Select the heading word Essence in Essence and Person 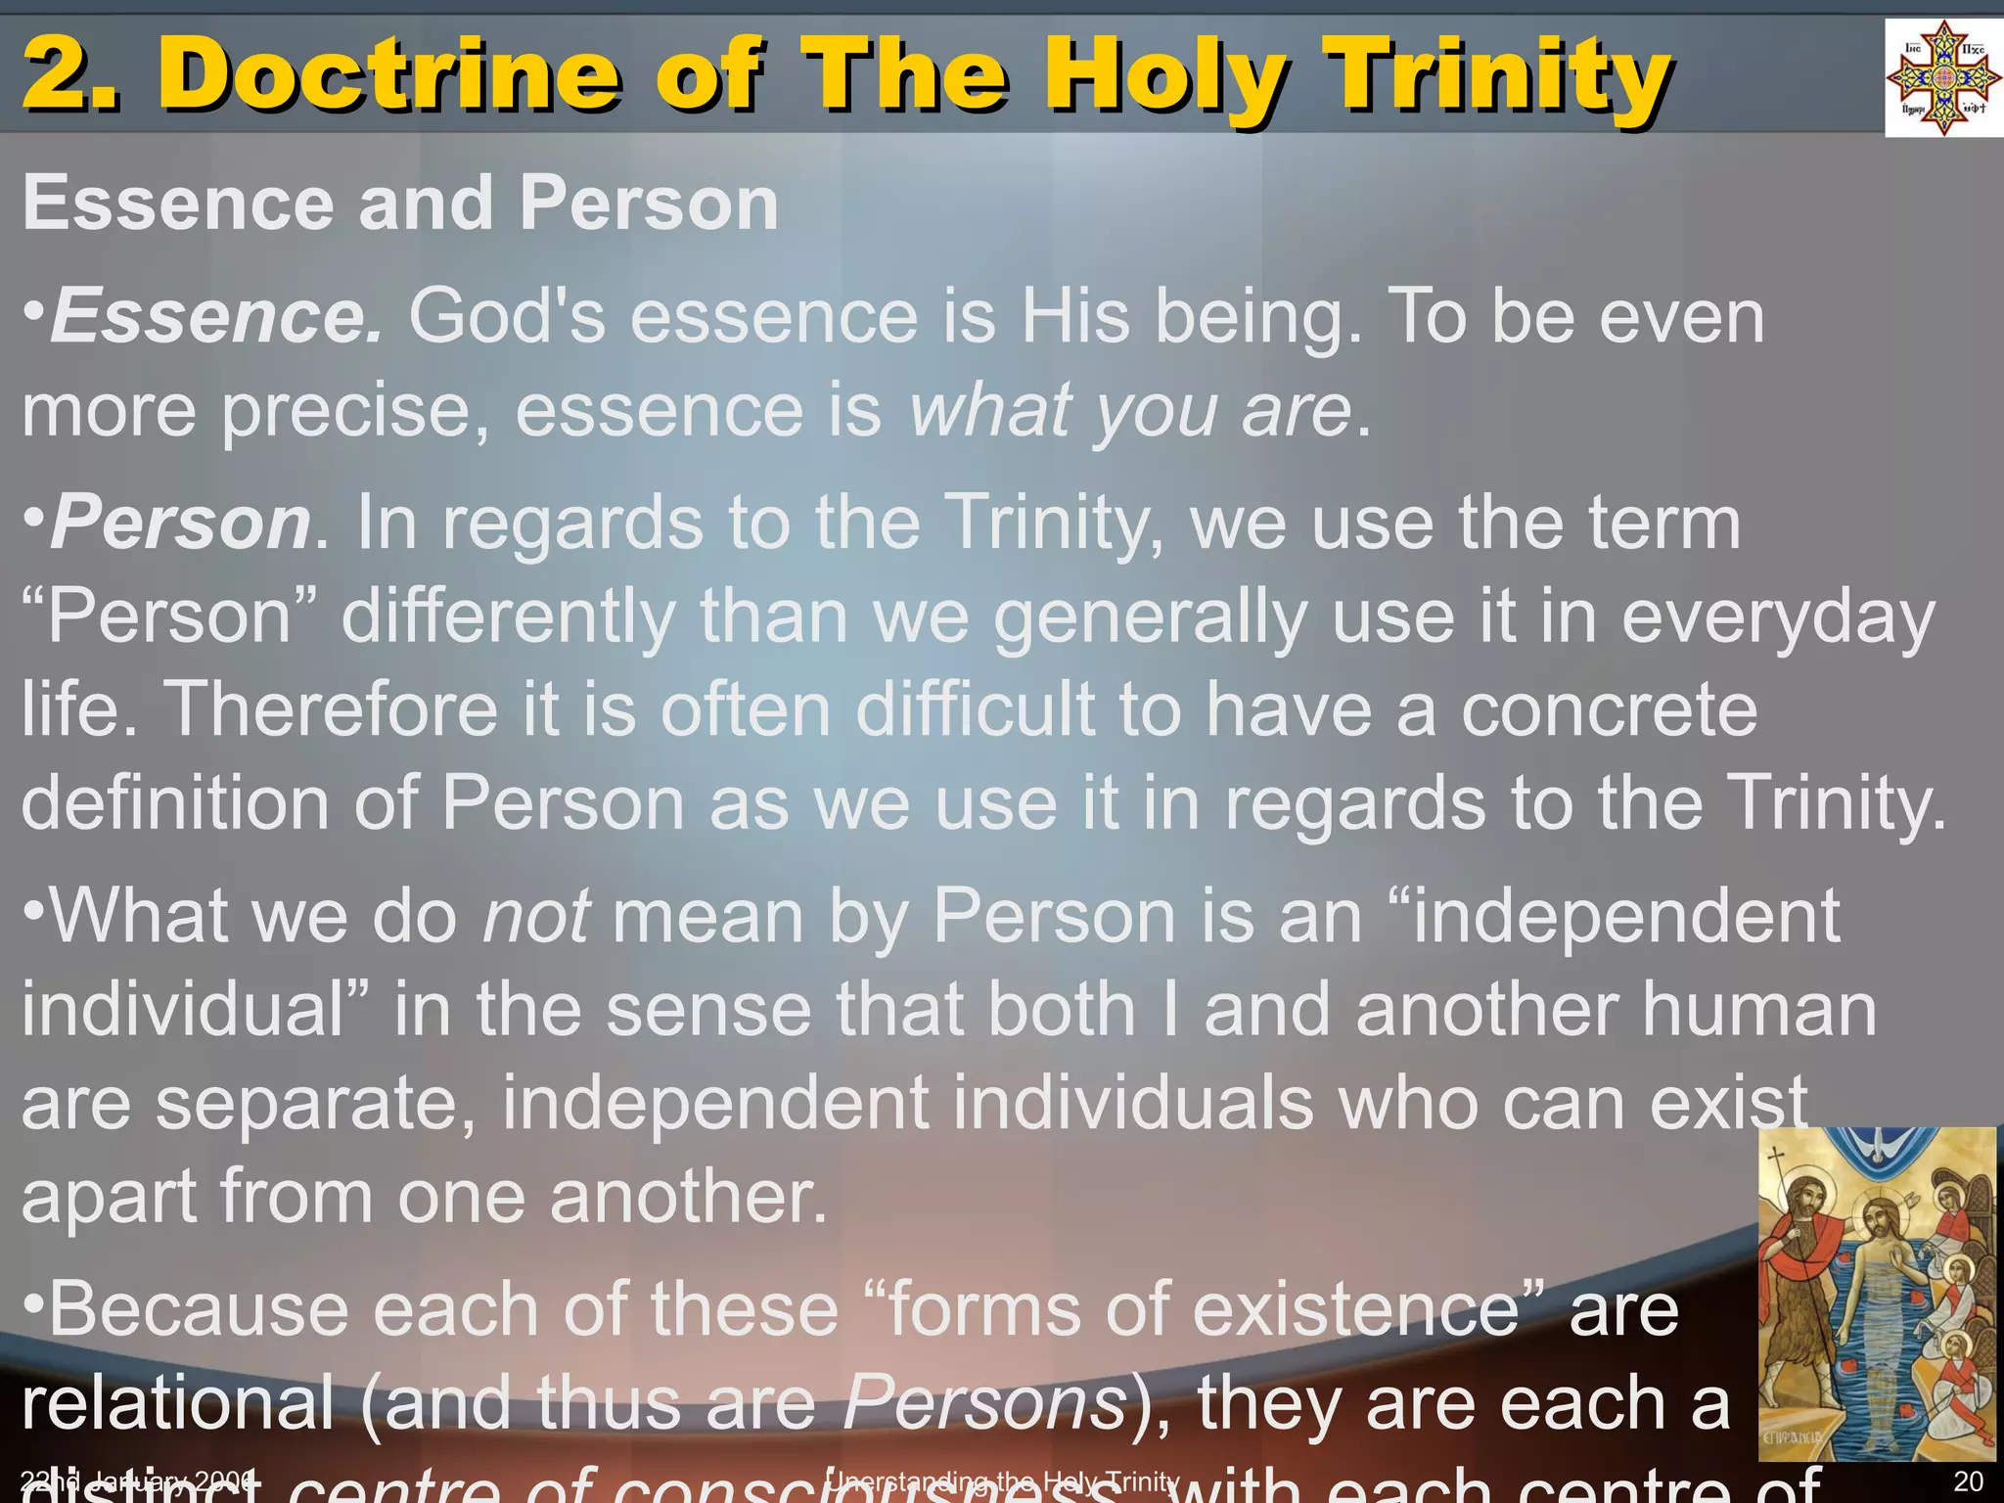pyautogui.click(x=177, y=204)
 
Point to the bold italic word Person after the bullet pyautogui.click(x=181, y=523)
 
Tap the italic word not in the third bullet pyautogui.click(x=536, y=916)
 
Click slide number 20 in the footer pyautogui.click(x=1968, y=1481)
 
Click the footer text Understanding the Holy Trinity pyautogui.click(x=1002, y=1481)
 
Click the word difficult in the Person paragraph pyautogui.click(x=975, y=708)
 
